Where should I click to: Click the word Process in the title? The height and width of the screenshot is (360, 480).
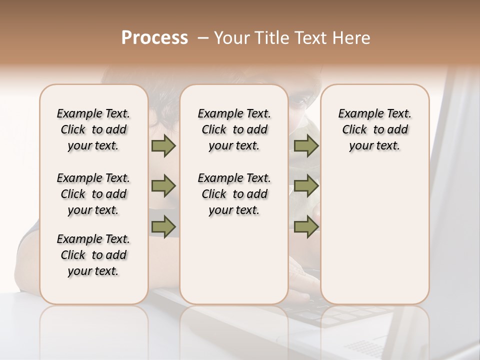154,38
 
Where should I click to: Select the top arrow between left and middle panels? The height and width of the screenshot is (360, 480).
163,146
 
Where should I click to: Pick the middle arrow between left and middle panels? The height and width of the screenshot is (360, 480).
163,186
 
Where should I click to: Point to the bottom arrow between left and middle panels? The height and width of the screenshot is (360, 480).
163,227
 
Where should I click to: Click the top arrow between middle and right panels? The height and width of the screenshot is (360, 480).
306,146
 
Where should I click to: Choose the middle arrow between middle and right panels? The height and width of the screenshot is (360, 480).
306,186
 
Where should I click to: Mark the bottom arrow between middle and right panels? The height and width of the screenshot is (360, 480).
306,227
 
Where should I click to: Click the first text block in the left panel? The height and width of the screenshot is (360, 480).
93,129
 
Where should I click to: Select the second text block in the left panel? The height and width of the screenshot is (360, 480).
93,194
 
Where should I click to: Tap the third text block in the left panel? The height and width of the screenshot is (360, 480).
93,255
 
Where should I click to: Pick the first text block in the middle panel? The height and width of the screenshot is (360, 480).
234,129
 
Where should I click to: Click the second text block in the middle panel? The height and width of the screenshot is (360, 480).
234,194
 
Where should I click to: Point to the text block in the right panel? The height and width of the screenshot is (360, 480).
374,129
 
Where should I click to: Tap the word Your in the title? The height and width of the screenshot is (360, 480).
231,38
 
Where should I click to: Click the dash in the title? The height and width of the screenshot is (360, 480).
203,38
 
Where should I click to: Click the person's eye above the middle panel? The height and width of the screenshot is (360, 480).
298,100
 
